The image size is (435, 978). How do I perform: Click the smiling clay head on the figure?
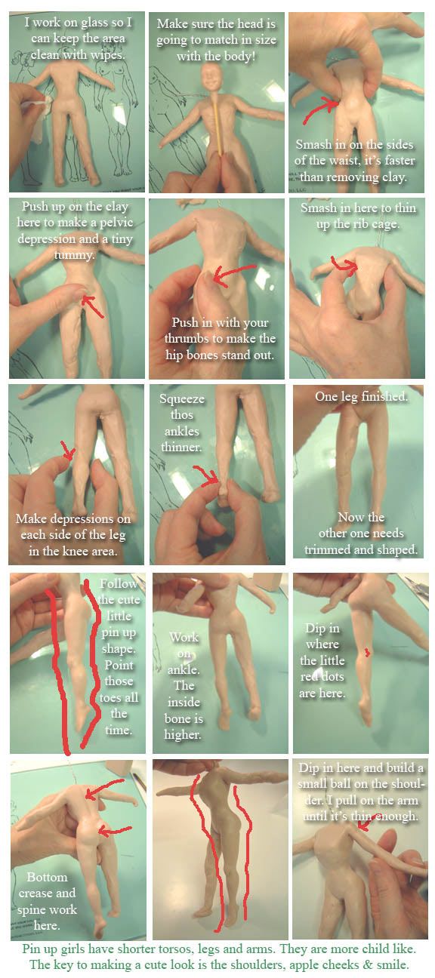[212, 78]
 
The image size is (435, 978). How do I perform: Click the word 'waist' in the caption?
[347, 160]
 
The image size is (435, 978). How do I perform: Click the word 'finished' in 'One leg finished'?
[386, 396]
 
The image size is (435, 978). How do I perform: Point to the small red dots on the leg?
[368, 652]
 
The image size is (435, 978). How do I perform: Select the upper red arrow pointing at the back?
[105, 790]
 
